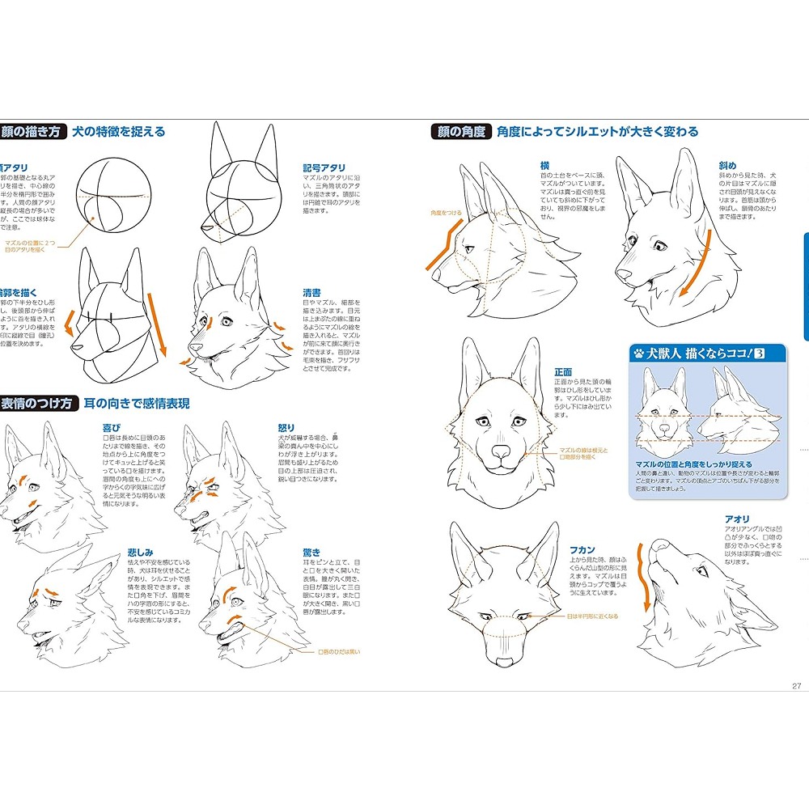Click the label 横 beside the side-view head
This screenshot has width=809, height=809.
pos(544,165)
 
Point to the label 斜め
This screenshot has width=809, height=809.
pos(727,165)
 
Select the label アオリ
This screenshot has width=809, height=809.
pos(737,519)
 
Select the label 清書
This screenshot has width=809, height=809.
pos(311,292)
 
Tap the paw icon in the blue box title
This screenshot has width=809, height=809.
pos(639,353)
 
